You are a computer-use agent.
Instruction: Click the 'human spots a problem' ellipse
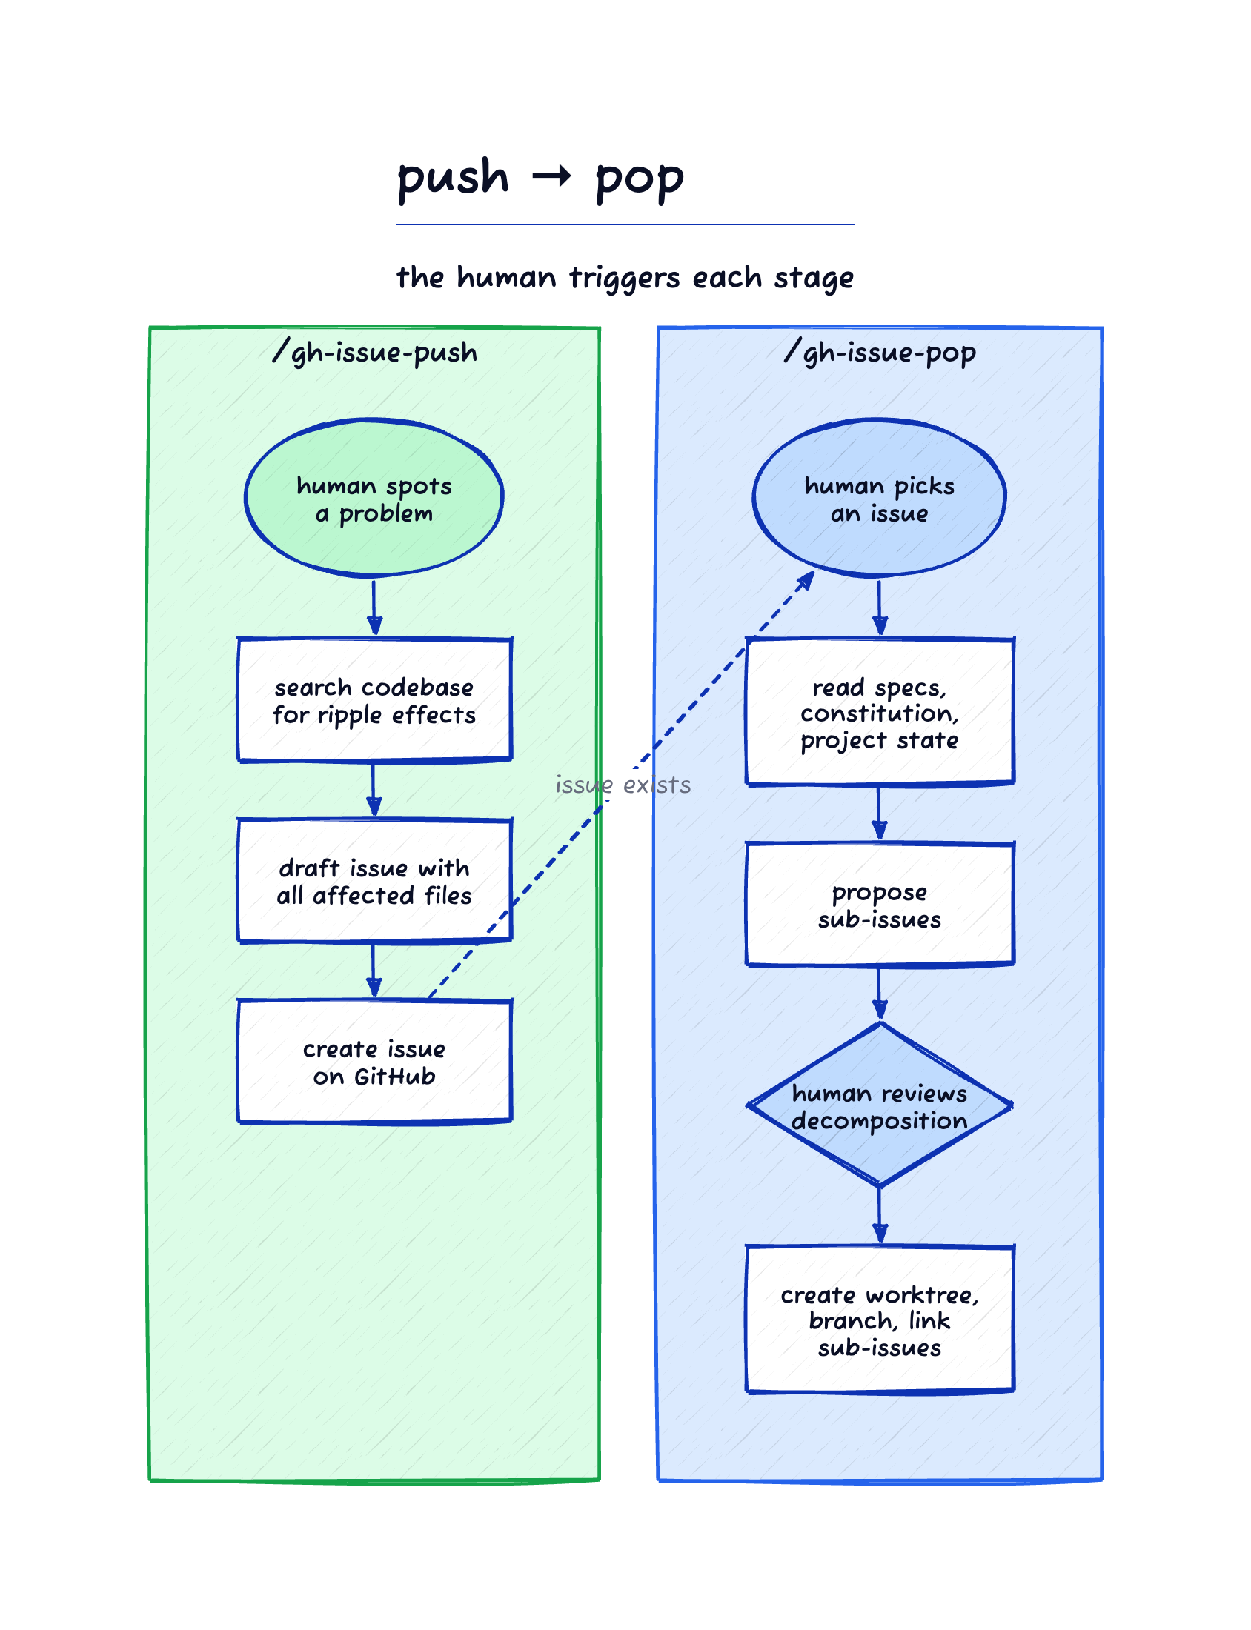pos(374,498)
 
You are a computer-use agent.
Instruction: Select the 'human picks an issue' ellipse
pos(880,498)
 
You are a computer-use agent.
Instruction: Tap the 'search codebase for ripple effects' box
pos(374,699)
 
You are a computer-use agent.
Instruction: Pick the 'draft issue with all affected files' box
pos(374,880)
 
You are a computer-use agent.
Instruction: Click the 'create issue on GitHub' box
pos(374,1062)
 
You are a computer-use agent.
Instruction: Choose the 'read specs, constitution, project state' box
pos(880,711)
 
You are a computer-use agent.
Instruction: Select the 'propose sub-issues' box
pos(880,905)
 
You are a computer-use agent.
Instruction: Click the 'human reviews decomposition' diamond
pos(880,1105)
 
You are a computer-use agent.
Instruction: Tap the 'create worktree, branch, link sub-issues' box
pos(880,1319)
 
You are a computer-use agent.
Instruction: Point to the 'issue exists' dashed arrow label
pos(623,785)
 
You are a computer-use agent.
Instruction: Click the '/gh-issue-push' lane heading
pos(374,352)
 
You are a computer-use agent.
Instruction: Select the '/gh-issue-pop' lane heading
pos(880,352)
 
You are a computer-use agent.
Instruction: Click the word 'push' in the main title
pos(453,179)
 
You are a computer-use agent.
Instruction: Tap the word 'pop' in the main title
pos(640,181)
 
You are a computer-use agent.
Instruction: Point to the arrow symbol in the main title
pos(552,176)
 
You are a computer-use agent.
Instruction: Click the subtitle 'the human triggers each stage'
pos(625,279)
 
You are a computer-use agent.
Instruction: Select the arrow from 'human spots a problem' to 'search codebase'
pos(374,608)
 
